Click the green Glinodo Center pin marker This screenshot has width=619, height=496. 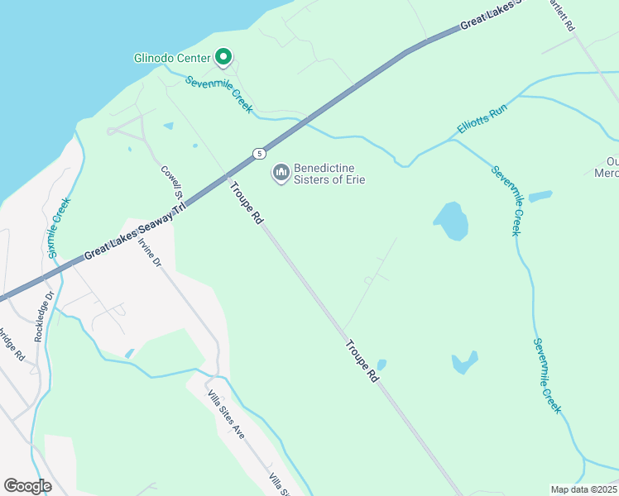223,57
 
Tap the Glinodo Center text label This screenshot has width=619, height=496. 173,58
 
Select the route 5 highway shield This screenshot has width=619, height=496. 260,153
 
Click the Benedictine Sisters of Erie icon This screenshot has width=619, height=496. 281,172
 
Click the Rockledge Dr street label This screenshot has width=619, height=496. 43,317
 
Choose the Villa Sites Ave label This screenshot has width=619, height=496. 226,414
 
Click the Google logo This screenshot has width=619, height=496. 27,486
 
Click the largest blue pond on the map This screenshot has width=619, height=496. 451,221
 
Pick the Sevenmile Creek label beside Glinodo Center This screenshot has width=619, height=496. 218,94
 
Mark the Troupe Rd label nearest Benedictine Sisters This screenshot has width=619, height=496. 246,203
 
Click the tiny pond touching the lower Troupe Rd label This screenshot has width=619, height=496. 381,365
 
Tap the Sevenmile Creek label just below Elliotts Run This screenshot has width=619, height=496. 507,201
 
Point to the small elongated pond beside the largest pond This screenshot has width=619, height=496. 540,197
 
